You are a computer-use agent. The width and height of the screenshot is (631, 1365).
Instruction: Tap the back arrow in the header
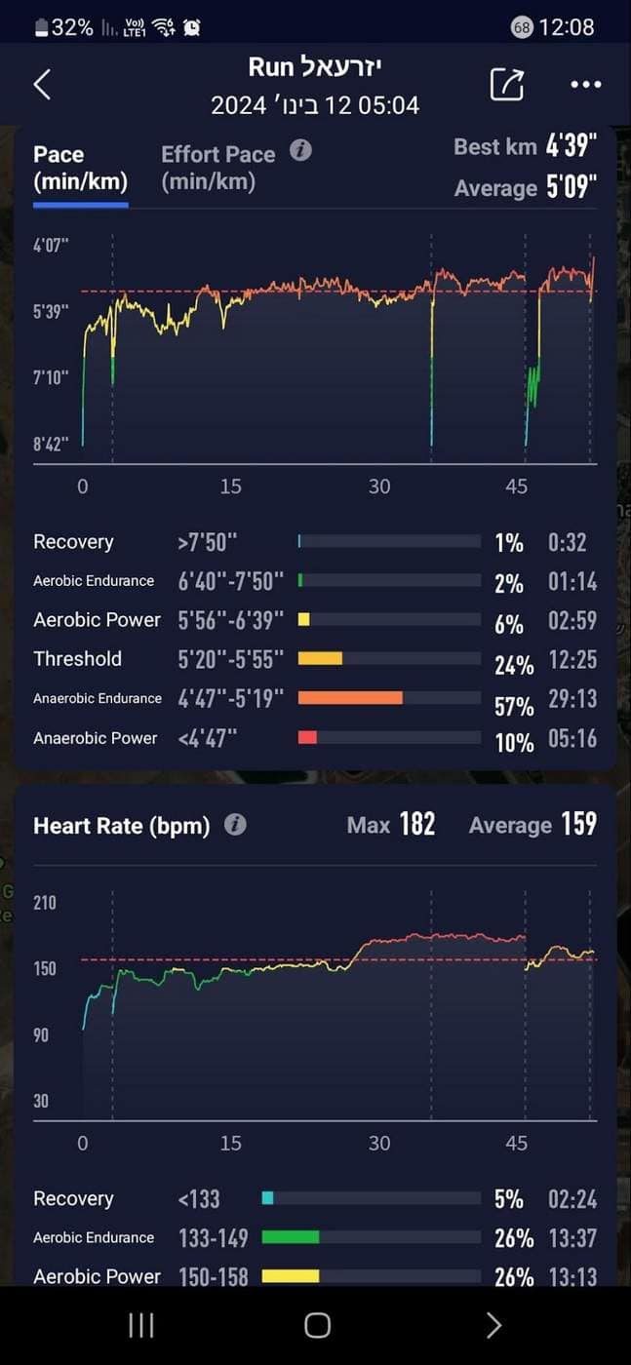point(42,84)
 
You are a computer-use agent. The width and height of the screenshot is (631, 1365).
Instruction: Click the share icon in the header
point(507,84)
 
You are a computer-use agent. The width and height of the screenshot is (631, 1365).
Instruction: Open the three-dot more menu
point(586,84)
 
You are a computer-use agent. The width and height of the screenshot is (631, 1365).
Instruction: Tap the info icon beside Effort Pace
point(300,150)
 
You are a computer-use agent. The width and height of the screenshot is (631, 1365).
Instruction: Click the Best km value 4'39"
point(572,146)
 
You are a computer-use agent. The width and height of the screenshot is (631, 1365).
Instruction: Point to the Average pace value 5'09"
point(572,187)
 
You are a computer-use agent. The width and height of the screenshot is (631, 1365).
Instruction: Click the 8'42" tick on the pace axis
point(51,444)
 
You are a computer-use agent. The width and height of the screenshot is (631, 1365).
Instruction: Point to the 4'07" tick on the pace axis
point(51,246)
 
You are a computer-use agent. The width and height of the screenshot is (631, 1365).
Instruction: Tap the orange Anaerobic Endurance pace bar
point(350,698)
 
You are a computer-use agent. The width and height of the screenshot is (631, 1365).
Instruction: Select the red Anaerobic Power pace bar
point(307,737)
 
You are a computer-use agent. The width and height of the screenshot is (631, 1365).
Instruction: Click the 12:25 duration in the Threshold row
point(572,660)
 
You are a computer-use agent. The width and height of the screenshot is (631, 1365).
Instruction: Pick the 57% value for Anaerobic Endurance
point(514,706)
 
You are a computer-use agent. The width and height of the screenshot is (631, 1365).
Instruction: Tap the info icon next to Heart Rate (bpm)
point(235,825)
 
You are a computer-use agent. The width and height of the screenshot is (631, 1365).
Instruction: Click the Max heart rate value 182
point(417,824)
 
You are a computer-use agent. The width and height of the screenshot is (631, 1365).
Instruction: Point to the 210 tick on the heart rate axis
point(45,903)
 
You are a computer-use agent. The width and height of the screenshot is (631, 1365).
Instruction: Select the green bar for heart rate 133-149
point(291,1237)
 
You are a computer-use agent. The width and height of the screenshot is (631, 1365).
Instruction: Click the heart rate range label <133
point(199,1199)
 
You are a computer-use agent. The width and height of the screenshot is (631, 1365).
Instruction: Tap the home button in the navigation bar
point(317,1325)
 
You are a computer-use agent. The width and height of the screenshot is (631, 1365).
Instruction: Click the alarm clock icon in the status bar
point(192,27)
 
